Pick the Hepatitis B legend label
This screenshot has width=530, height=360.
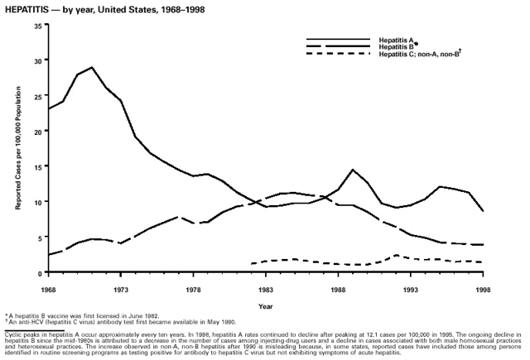click(x=396, y=46)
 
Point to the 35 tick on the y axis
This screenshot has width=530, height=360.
click(x=37, y=26)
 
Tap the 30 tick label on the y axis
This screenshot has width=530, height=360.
click(x=37, y=60)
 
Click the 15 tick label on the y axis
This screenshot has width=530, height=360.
click(x=37, y=166)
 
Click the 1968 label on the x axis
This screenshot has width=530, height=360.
click(x=48, y=290)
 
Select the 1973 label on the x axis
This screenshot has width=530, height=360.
click(x=121, y=290)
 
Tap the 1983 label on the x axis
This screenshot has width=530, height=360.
click(x=266, y=290)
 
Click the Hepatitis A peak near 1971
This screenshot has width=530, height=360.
click(x=92, y=68)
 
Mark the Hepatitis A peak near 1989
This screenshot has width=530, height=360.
click(x=353, y=170)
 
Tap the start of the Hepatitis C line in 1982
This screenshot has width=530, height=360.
click(x=251, y=263)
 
